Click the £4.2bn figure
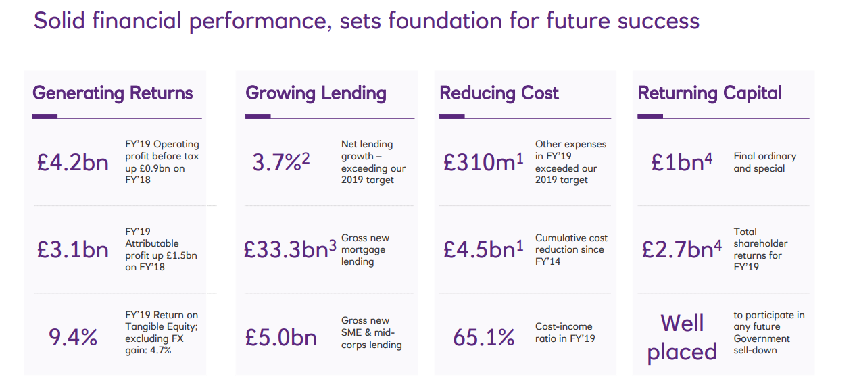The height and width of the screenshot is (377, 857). coord(72,163)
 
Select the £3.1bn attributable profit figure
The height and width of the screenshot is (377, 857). coord(72,249)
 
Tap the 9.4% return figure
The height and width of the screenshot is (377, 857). coord(73,336)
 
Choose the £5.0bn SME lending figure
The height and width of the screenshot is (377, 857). coord(280,336)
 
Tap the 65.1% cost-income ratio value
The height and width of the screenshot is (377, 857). coord(483,336)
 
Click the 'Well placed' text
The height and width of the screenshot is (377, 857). coord(682,337)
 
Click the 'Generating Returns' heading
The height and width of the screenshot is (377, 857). coord(113,93)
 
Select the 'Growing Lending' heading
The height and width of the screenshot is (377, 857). coord(316,93)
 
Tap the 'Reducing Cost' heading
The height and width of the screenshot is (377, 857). coord(499,93)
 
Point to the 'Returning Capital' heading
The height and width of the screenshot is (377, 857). coord(710,93)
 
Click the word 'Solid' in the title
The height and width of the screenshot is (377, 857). coord(57,21)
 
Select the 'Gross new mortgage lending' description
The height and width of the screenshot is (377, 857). coord(365,250)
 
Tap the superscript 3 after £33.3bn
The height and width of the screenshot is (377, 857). coord(332,244)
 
